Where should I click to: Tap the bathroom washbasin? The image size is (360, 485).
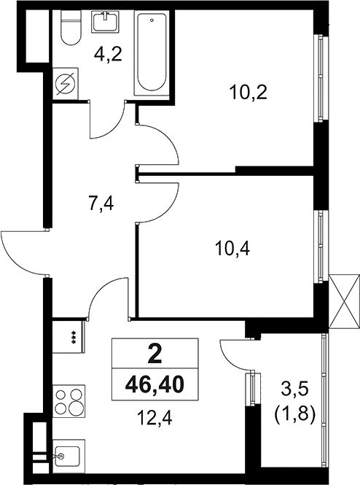[x=106, y=21]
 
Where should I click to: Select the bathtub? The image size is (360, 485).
[x=152, y=53]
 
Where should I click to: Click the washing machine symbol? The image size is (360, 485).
[x=65, y=84]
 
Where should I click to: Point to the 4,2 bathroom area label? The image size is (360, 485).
[x=108, y=55]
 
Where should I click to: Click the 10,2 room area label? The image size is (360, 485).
[x=248, y=93]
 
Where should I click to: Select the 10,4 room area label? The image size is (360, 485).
[x=232, y=249]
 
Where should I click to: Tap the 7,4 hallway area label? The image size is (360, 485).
[x=101, y=203]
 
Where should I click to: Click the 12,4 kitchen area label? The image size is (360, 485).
[x=154, y=419]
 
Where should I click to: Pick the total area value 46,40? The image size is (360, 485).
[x=154, y=385]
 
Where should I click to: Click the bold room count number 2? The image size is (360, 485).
[x=154, y=354]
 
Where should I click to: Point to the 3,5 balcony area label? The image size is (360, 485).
[x=294, y=389]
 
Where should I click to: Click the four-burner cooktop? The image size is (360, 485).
[x=69, y=401]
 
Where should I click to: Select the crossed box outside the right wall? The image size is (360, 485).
[x=344, y=301]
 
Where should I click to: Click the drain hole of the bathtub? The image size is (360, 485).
[x=152, y=20]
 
